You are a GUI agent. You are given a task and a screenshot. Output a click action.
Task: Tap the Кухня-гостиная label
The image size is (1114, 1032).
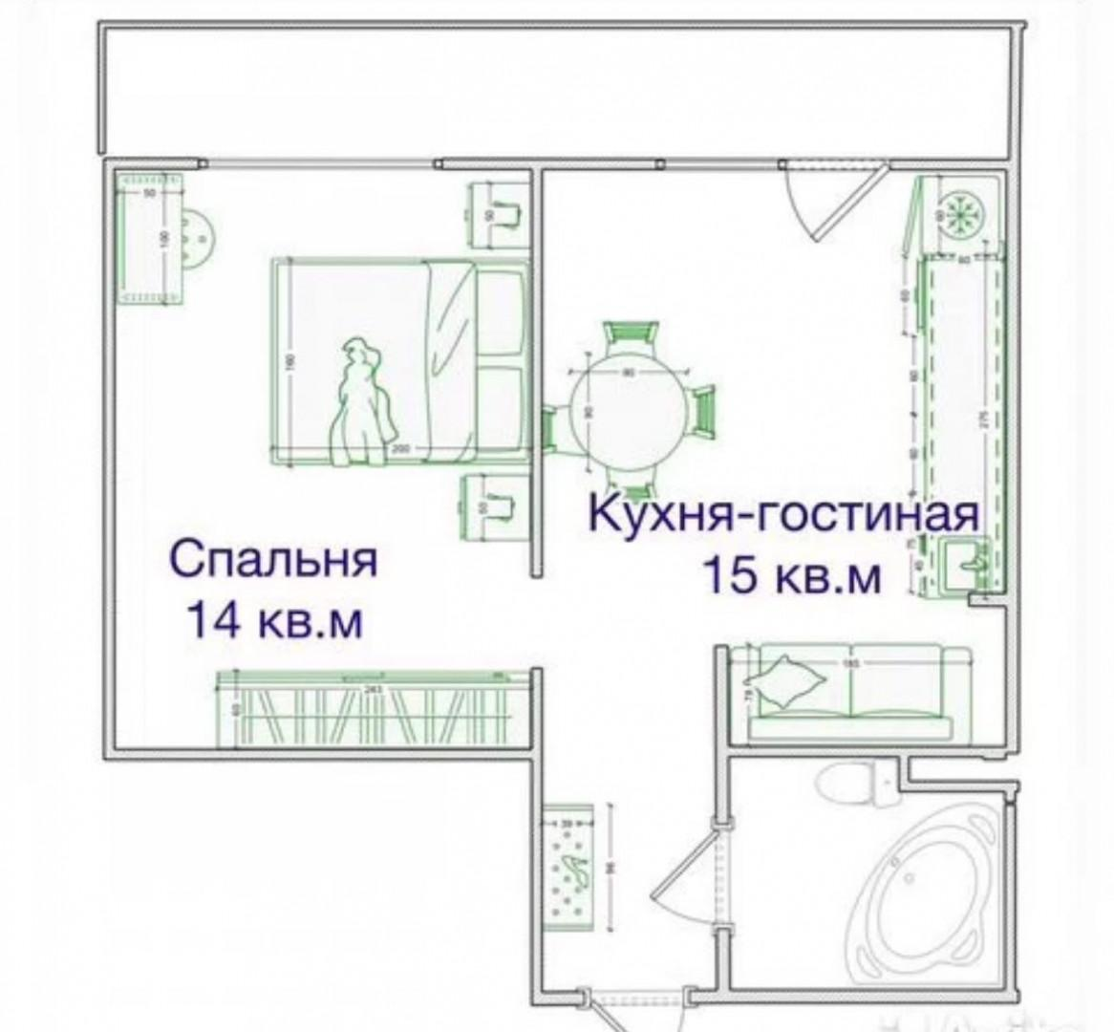(x=783, y=514)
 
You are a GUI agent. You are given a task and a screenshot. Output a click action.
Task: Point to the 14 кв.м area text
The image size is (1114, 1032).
(x=275, y=621)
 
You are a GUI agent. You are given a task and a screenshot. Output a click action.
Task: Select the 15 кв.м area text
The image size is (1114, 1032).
(x=792, y=576)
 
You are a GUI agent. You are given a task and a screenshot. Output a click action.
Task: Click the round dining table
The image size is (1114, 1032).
(x=627, y=402)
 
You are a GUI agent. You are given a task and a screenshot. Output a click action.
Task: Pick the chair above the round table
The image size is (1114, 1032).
(x=630, y=337)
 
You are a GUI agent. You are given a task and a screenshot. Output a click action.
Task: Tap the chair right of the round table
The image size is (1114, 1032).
(x=703, y=411)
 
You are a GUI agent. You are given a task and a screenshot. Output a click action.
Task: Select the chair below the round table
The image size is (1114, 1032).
(x=627, y=480)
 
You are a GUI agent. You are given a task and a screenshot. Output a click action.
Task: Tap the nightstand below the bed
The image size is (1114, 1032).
(x=497, y=507)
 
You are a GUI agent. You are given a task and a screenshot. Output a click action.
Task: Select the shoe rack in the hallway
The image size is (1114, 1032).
(x=569, y=866)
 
